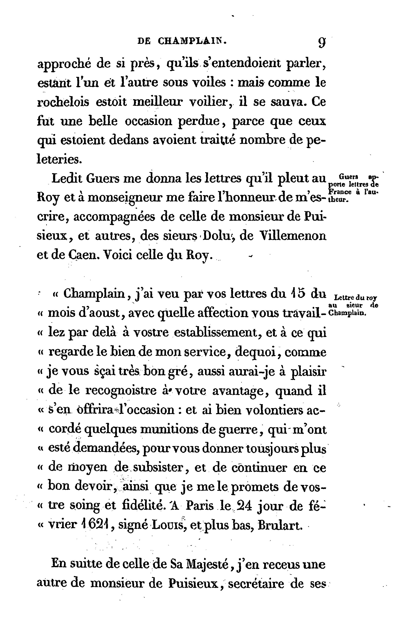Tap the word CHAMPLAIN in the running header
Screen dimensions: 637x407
[192, 41]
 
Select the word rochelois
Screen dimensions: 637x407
[63, 102]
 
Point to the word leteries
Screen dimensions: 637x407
[59, 159]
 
